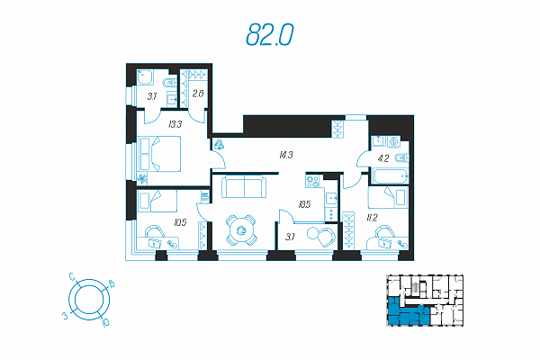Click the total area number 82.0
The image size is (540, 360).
pos(270,35)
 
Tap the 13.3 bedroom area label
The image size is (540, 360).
pos(175,124)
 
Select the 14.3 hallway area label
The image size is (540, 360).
pos(286,155)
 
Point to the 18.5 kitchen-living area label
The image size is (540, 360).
pos(304,204)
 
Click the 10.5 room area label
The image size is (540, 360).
pos(180,222)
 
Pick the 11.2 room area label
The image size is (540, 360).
pos(372,218)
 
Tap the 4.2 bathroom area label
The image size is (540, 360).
pos(383,158)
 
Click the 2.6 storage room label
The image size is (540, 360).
pos(198,94)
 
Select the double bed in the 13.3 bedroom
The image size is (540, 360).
pos(159,154)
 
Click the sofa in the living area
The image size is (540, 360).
pos(244,186)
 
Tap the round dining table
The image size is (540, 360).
pos(241,230)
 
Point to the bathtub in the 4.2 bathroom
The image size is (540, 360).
pos(390,176)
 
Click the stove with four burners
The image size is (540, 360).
pos(313,181)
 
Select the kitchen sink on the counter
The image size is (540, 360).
pos(331,198)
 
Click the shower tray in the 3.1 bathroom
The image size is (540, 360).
pos(145,77)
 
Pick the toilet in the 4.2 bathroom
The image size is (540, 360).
pos(402,158)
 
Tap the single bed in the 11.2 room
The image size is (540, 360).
pos(388,197)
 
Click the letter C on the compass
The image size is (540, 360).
pos(72,276)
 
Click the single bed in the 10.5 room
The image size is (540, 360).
pos(157,201)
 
